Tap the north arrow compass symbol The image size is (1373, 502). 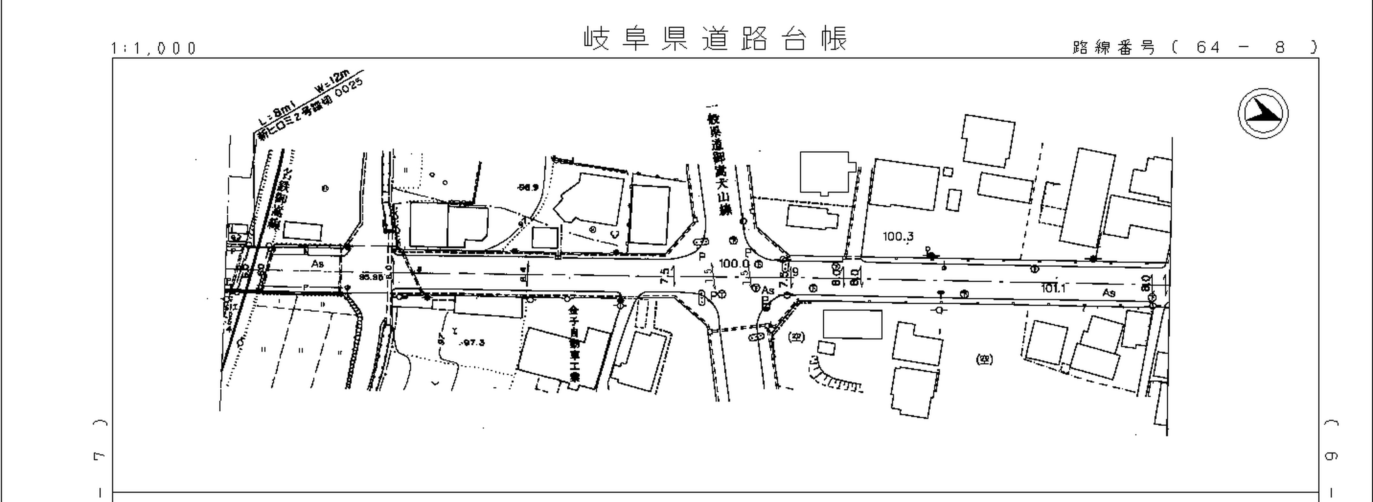(x=1263, y=113)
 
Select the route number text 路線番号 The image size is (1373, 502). (x=1113, y=48)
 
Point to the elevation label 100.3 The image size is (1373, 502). (x=898, y=236)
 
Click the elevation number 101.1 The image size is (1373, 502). (x=1053, y=288)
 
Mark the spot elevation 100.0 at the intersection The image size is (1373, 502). (x=733, y=263)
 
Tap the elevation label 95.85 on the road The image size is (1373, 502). (x=371, y=277)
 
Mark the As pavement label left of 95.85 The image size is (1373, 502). (x=318, y=264)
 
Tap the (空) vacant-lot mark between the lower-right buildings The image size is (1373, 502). (x=984, y=360)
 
